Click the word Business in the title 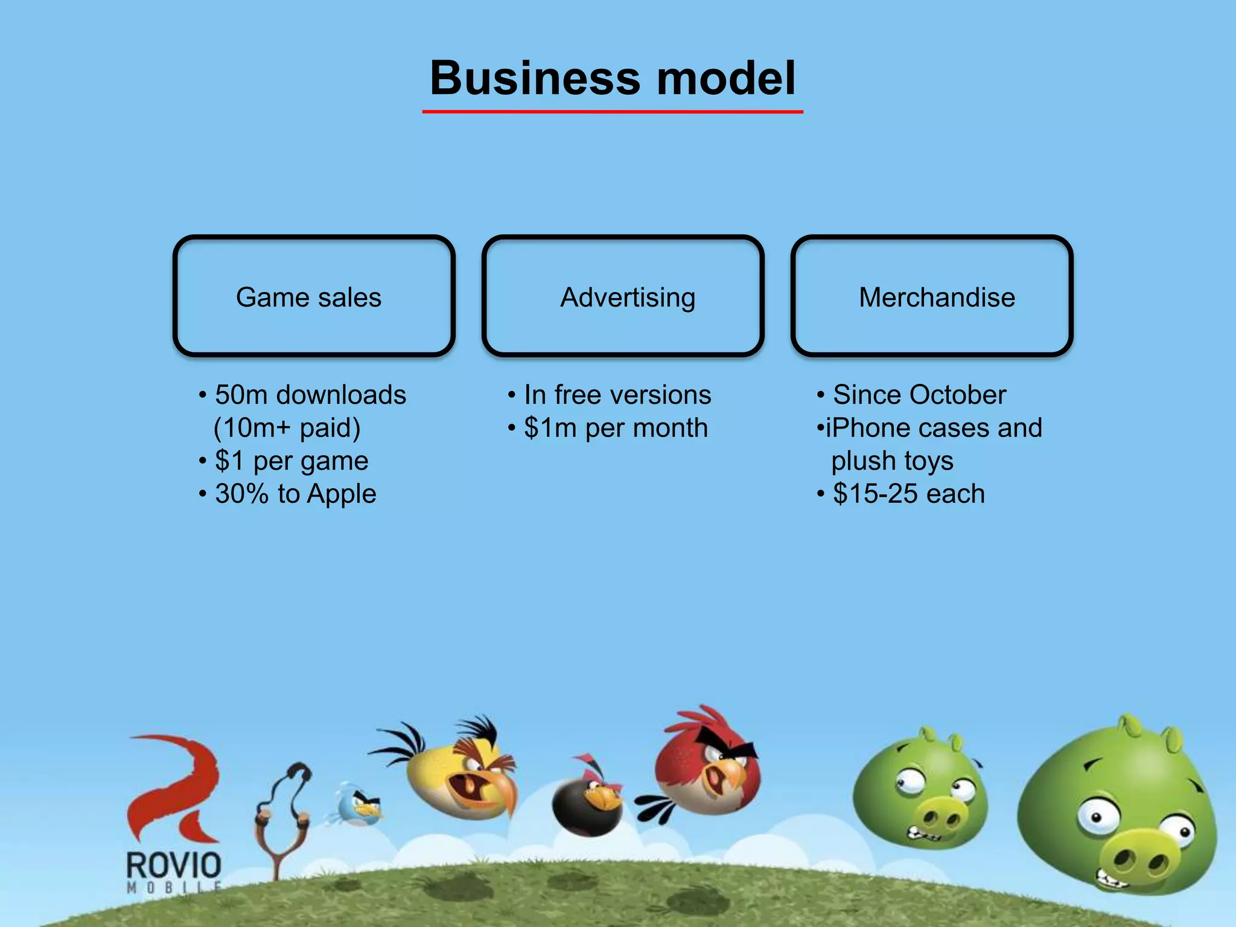point(535,78)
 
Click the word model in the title point(726,78)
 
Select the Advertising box point(623,296)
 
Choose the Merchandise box point(932,296)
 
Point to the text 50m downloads point(310,395)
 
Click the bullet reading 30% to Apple point(295,494)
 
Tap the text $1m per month point(616,428)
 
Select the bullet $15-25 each point(908,494)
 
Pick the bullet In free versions point(617,395)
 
